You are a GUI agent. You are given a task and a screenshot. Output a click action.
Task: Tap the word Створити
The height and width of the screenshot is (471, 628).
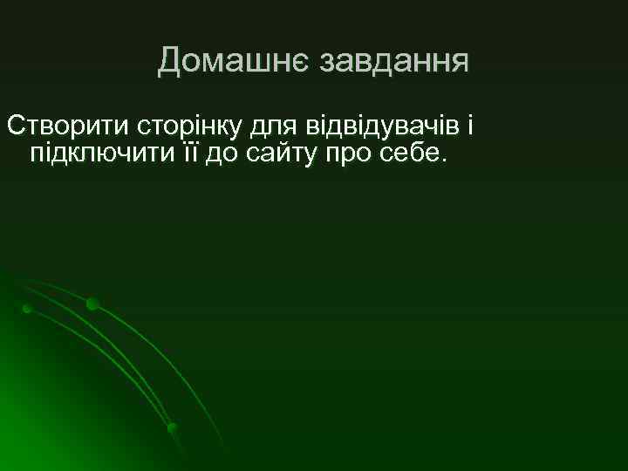(67, 127)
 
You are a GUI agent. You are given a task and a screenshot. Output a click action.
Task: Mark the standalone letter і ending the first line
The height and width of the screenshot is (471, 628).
(468, 127)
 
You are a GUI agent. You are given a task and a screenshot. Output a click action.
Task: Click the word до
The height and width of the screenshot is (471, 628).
(221, 154)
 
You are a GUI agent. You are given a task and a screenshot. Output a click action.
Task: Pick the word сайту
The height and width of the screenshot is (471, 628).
(279, 154)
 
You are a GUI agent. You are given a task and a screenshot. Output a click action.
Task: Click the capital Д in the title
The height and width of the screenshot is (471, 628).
(170, 61)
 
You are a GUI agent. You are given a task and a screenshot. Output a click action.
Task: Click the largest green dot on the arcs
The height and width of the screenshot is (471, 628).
(92, 304)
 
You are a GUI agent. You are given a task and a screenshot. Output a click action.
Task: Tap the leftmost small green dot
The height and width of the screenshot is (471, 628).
(27, 309)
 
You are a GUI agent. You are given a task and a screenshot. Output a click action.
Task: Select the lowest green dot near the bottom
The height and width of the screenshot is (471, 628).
(173, 427)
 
